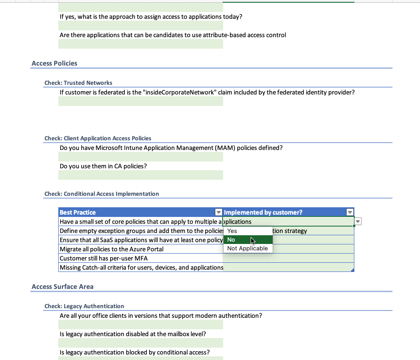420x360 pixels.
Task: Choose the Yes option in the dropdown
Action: [232, 231]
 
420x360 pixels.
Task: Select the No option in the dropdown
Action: [231, 240]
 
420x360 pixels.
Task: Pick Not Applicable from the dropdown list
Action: [247, 249]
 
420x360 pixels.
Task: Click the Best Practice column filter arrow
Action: [218, 212]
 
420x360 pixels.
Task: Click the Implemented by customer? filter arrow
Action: [350, 212]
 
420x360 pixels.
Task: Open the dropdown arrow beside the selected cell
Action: [358, 222]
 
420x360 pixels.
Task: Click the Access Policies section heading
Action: [54, 63]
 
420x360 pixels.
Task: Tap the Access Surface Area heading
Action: [62, 287]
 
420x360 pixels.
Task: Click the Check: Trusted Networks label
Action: [78, 83]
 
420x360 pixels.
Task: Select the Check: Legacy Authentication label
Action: [84, 306]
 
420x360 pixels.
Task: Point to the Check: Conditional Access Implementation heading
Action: [102, 194]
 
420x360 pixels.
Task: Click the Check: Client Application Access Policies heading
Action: [98, 138]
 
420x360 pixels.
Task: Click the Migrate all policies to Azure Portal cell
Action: [112, 249]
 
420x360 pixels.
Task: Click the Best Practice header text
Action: [78, 212]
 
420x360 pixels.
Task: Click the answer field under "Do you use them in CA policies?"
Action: [140, 175]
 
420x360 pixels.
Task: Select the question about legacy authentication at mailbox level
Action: [133, 334]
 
